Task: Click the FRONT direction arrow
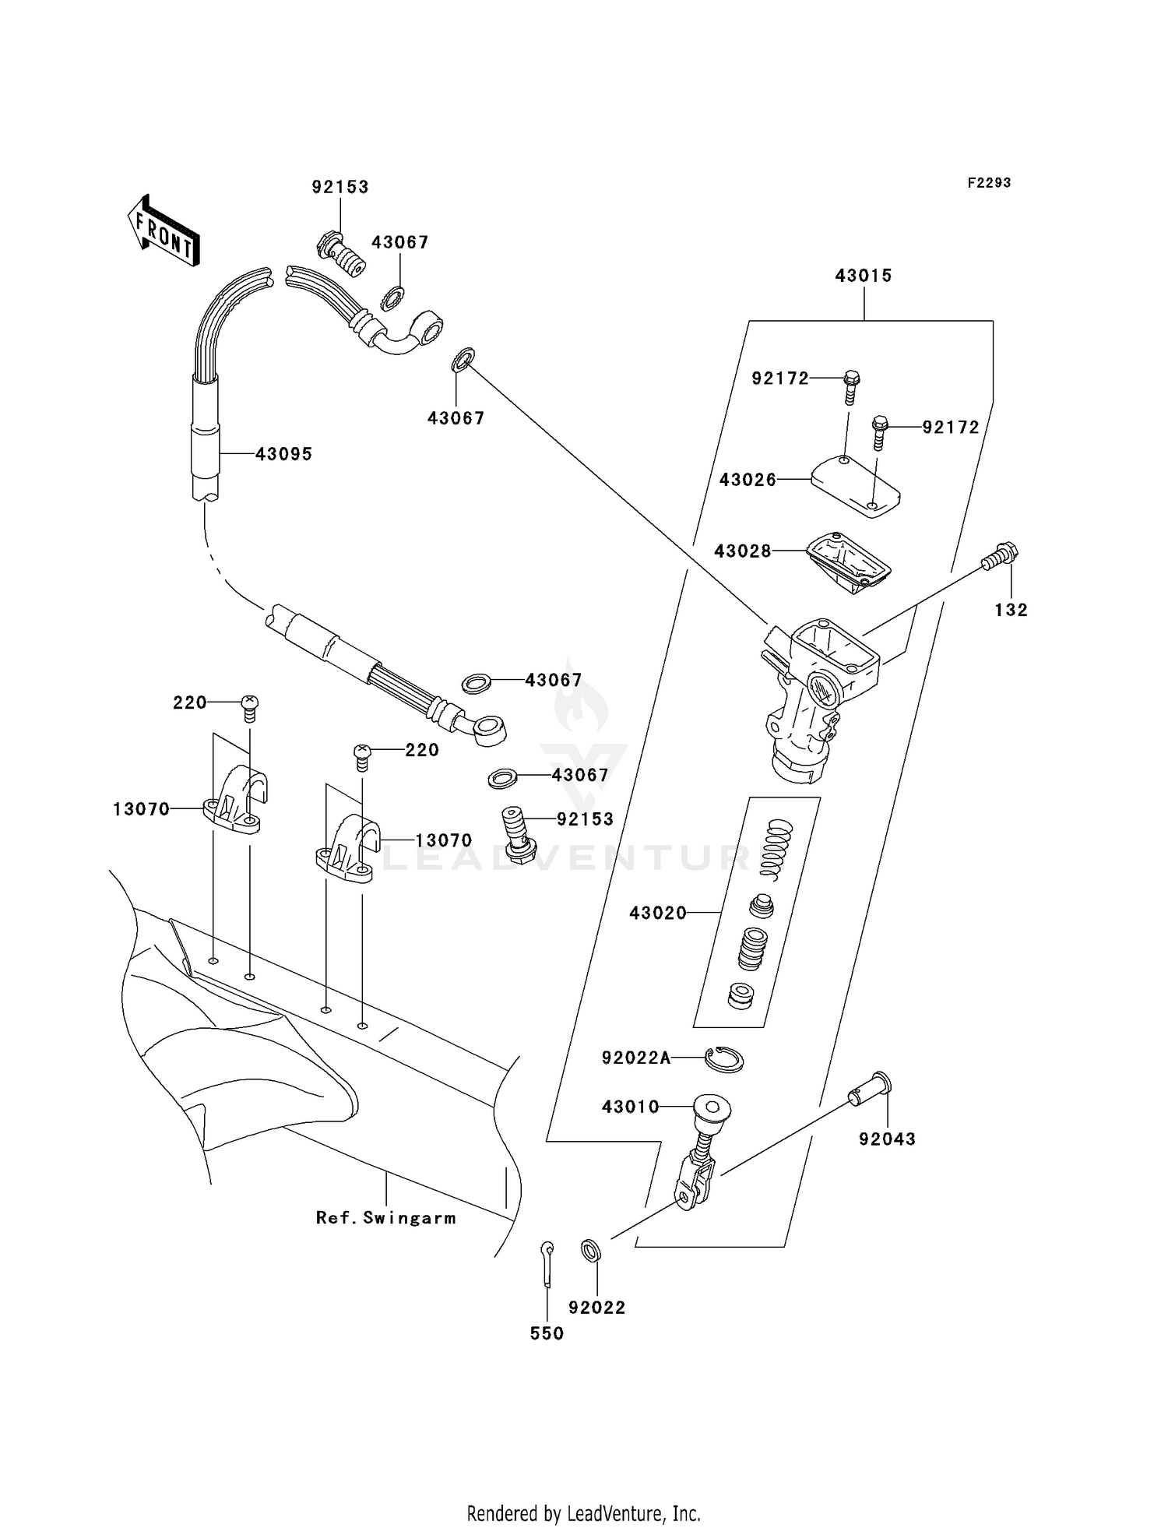[x=164, y=231]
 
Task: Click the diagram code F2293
[x=989, y=182]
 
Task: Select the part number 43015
[x=864, y=276]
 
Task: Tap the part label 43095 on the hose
[x=283, y=454]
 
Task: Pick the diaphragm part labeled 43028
[x=847, y=564]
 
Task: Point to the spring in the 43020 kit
[x=776, y=845]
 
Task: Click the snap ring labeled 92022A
[x=724, y=1059]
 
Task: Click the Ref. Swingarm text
[x=385, y=1217]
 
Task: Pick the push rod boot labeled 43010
[x=710, y=1107]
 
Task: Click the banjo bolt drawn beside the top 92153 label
[x=341, y=254]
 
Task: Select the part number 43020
[x=658, y=912]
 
